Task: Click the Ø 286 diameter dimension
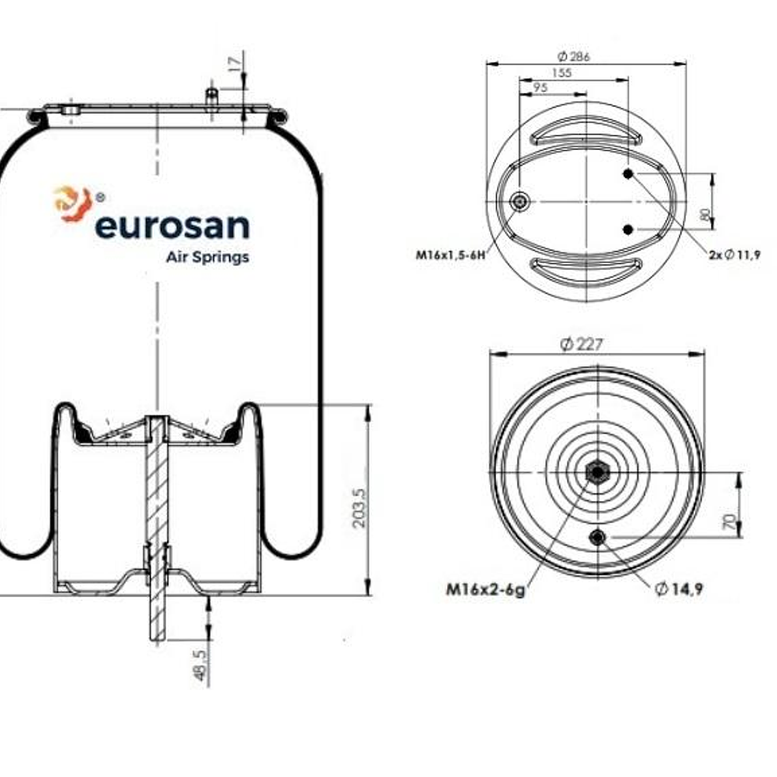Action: tap(573, 57)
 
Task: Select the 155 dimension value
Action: tap(562, 73)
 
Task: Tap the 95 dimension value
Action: tap(540, 87)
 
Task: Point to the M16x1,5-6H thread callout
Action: tap(451, 256)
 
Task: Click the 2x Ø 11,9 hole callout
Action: tap(733, 255)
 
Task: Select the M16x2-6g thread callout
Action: tap(485, 590)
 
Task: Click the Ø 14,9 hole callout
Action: tap(678, 590)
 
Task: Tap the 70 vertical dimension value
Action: tap(729, 523)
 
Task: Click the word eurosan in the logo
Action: tap(172, 227)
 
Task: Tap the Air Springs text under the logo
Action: tap(207, 258)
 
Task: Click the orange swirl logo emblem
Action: tap(72, 203)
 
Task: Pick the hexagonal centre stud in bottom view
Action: tap(597, 472)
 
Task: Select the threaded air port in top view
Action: tap(521, 202)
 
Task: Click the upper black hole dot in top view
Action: tap(628, 174)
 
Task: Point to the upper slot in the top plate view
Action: tap(585, 132)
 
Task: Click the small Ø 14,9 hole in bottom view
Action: tap(598, 537)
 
